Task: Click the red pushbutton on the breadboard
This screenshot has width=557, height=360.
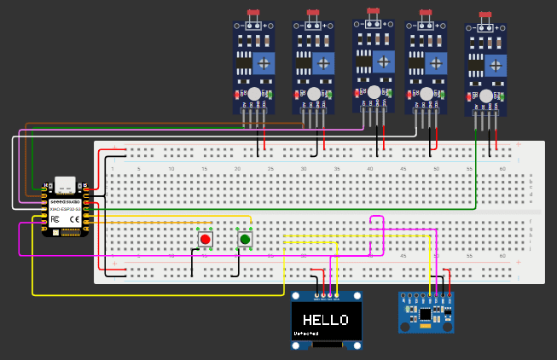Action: click(206, 240)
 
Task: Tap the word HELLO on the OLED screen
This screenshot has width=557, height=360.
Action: click(326, 321)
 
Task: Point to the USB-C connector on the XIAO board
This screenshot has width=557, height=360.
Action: click(65, 184)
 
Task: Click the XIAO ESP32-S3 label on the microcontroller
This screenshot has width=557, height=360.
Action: click(66, 209)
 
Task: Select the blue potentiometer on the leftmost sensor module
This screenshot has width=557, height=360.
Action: click(264, 62)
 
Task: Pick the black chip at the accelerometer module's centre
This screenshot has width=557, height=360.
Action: click(425, 315)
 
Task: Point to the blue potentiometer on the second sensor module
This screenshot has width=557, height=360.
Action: click(324, 62)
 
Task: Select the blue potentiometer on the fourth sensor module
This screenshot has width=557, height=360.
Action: click(437, 62)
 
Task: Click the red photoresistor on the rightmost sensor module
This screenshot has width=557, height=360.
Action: click(485, 15)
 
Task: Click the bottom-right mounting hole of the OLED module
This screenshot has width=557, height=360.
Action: click(357, 345)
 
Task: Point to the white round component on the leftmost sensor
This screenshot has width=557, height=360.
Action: click(253, 93)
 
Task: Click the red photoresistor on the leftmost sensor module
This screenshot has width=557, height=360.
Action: click(252, 14)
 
